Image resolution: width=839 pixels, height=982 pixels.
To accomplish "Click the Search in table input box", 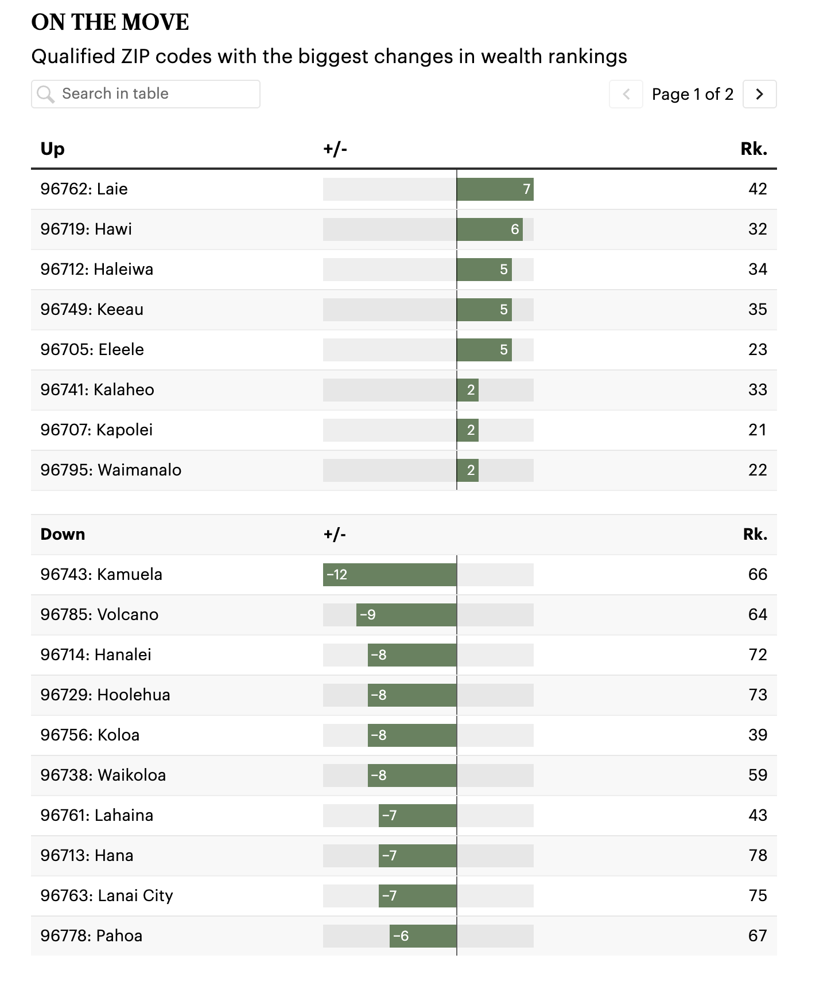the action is pyautogui.click(x=146, y=94).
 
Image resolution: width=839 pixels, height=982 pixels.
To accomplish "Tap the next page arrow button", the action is pyautogui.click(x=759, y=94).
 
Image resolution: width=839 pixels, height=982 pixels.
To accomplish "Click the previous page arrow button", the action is pyautogui.click(x=626, y=94).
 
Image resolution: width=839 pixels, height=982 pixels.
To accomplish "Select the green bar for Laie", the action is pyautogui.click(x=495, y=189).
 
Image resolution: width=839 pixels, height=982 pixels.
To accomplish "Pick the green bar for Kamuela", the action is pyautogui.click(x=390, y=575).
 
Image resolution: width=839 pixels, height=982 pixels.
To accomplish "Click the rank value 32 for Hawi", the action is pyautogui.click(x=758, y=229).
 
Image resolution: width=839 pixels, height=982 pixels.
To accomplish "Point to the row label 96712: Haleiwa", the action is pyautogui.click(x=97, y=270).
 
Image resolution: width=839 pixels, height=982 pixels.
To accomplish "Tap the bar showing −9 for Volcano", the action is pyautogui.click(x=406, y=615).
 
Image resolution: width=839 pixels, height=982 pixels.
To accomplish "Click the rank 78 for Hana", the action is pyautogui.click(x=758, y=856).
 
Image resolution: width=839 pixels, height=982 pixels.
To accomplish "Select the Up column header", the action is pyautogui.click(x=53, y=149).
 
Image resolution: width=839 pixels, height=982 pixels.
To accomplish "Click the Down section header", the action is pyautogui.click(x=63, y=535).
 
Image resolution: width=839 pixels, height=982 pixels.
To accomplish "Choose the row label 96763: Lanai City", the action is pyautogui.click(x=107, y=896).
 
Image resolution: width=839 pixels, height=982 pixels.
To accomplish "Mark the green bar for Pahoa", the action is pyautogui.click(x=424, y=936).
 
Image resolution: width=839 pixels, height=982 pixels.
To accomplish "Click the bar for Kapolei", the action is pyautogui.click(x=468, y=430).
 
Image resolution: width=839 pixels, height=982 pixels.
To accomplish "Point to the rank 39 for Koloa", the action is pyautogui.click(x=758, y=735).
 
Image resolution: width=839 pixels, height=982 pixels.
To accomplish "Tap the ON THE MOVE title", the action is pyautogui.click(x=110, y=22).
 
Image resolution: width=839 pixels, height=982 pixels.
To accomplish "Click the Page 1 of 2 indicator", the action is pyautogui.click(x=693, y=94).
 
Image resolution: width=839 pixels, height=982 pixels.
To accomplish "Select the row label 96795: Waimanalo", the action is pyautogui.click(x=111, y=470).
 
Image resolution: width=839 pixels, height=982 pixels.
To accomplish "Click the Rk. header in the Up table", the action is pyautogui.click(x=754, y=149).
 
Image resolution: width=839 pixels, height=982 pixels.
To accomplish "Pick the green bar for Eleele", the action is pyautogui.click(x=484, y=350).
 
